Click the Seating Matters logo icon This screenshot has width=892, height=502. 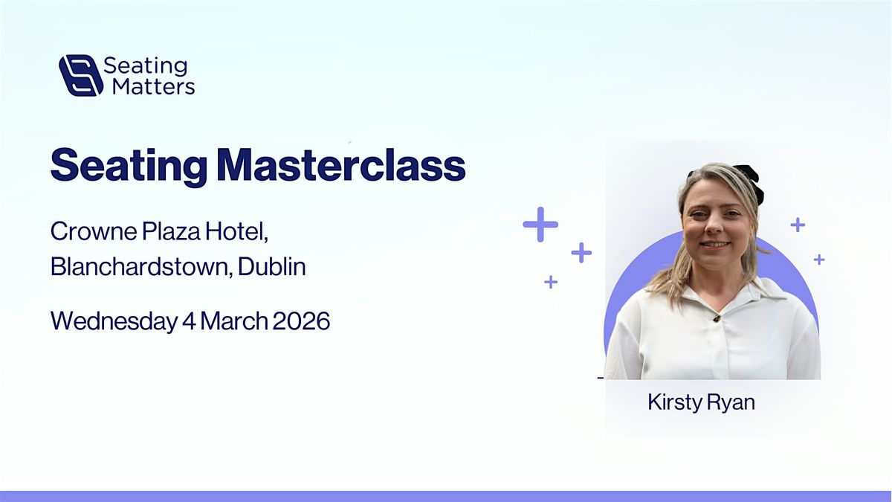(x=81, y=75)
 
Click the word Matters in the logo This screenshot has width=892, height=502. (x=154, y=86)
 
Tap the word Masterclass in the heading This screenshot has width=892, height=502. (x=342, y=165)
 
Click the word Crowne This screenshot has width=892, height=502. (x=94, y=231)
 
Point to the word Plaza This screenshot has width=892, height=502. (x=171, y=231)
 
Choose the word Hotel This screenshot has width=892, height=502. (x=236, y=231)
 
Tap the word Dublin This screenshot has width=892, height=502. (x=272, y=266)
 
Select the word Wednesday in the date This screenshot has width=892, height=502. (x=114, y=321)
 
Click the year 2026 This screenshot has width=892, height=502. (x=301, y=321)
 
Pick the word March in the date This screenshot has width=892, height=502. (x=233, y=321)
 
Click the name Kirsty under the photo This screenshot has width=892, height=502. (x=672, y=402)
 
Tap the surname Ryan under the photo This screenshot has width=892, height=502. (x=728, y=403)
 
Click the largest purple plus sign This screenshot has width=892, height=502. (x=540, y=225)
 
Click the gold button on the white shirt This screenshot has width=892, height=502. (x=717, y=318)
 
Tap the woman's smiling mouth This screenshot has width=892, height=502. (x=715, y=244)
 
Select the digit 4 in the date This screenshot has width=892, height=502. (x=189, y=321)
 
